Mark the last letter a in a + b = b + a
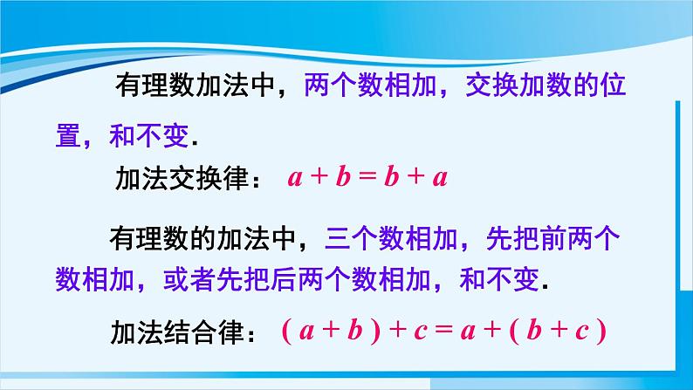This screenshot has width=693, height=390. pos(440,180)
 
